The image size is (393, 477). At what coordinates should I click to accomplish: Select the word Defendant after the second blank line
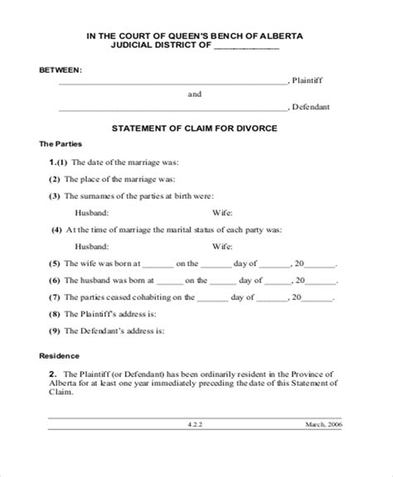[x=313, y=108]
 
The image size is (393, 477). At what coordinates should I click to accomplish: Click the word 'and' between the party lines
[x=195, y=94]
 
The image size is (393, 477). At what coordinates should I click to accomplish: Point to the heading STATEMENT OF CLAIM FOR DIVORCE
[x=195, y=128]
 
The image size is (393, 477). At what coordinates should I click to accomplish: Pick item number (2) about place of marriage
[x=55, y=179]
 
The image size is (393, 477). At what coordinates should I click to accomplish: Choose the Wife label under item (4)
[x=221, y=246]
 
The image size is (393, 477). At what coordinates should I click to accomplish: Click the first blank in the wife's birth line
[x=158, y=265]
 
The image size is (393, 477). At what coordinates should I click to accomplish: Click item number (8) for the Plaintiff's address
[x=55, y=315]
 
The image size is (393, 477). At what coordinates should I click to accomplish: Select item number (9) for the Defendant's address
[x=55, y=332]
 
